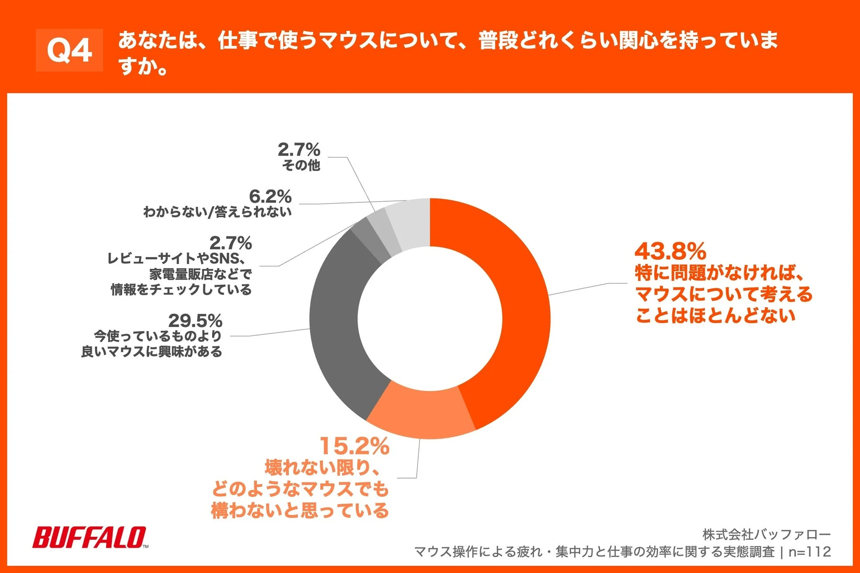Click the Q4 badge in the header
point(69,50)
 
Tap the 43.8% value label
point(670,251)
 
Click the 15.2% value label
point(355,446)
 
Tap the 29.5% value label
point(195,320)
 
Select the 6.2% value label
point(270,196)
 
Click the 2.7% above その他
point(299,150)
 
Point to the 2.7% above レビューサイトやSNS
point(230,243)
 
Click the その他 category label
point(301,165)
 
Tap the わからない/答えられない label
point(217,212)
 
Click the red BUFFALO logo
point(90,537)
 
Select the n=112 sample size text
point(809,552)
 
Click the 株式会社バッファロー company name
point(767,535)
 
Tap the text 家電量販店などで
point(201,274)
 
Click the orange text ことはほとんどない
point(715,315)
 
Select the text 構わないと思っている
point(300,510)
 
